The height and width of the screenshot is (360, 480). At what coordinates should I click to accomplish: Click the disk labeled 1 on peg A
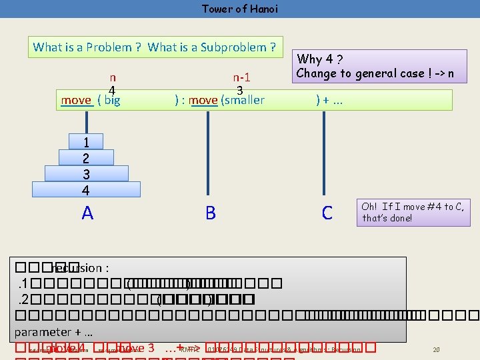pos(86,142)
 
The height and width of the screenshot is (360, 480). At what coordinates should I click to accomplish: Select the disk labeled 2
pos(86,158)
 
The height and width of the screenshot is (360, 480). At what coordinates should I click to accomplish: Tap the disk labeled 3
pos(86,174)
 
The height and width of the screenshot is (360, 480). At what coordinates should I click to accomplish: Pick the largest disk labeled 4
pos(86,190)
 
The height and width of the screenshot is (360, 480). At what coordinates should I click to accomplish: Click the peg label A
pos(87,213)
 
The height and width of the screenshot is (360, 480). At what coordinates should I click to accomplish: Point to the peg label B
pos(211,213)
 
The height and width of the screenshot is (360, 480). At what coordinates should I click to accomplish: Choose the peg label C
pos(327,213)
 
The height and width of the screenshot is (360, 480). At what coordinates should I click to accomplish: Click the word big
pos(112,101)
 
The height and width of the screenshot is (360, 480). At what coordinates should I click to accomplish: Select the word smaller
pos(244,101)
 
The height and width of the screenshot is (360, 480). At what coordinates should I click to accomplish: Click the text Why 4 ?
pos(320,59)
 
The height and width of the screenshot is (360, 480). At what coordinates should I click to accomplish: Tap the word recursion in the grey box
pos(77,268)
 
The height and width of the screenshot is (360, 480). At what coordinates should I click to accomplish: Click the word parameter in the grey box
pos(43,331)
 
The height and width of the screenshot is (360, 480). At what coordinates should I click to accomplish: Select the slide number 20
pos(437,349)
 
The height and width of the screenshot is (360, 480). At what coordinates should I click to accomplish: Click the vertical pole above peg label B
pos(211,153)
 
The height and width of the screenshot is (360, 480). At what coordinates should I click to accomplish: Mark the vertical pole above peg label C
pos(327,153)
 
